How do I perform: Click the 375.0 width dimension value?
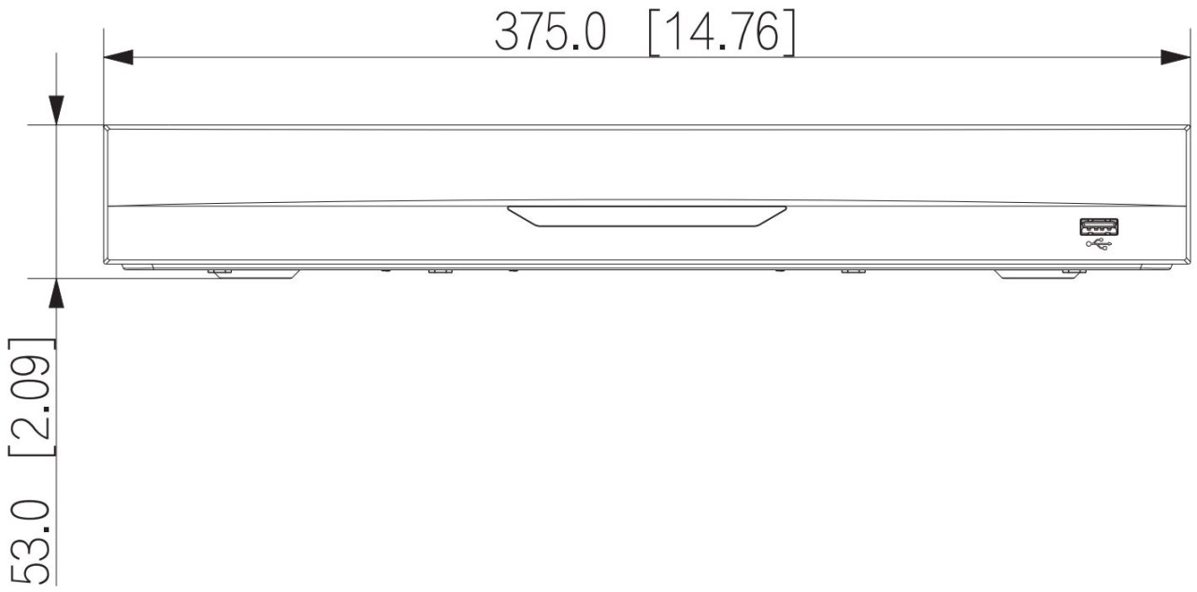pyautogui.click(x=551, y=33)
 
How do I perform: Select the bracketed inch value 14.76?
pyautogui.click(x=722, y=33)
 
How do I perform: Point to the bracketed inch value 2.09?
pyautogui.click(x=32, y=397)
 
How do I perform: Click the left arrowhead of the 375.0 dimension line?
pyautogui.click(x=118, y=57)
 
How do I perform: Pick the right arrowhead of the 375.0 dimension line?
pyautogui.click(x=1175, y=57)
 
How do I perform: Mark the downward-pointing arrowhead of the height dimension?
pyautogui.click(x=56, y=110)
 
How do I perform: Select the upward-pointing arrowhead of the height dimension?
pyautogui.click(x=56, y=293)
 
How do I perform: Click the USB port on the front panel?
pyautogui.click(x=1099, y=227)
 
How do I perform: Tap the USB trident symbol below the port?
pyautogui.click(x=1099, y=245)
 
